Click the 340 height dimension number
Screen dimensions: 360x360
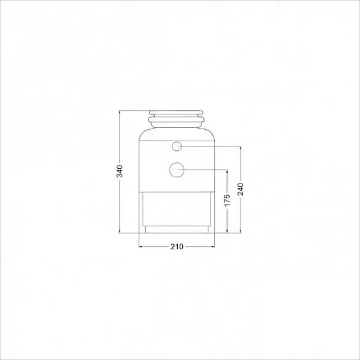click(x=120, y=171)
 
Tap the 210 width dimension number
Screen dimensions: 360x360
click(x=177, y=247)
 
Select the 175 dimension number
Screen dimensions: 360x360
click(x=227, y=200)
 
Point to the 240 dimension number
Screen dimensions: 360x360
click(x=240, y=189)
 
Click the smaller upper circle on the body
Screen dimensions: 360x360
click(x=177, y=146)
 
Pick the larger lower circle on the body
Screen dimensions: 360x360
click(x=177, y=170)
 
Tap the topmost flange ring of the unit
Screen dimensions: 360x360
click(x=176, y=112)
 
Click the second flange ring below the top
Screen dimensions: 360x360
click(x=176, y=119)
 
